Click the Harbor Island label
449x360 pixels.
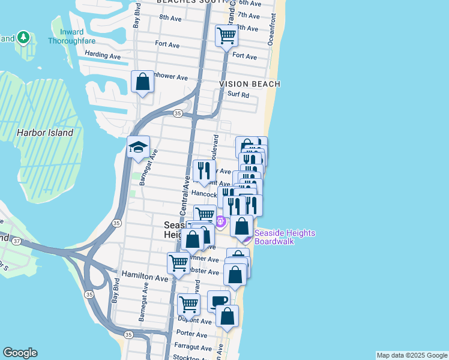pyautogui.click(x=45, y=133)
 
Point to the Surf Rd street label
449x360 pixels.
pyautogui.click(x=238, y=95)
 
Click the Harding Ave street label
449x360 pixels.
pyautogui.click(x=103, y=55)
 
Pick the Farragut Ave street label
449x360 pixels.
pyautogui.click(x=191, y=347)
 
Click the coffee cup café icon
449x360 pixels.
pyautogui.click(x=218, y=301)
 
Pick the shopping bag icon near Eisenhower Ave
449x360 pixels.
pyautogui.click(x=143, y=81)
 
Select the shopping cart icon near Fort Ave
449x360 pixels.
pyautogui.click(x=227, y=35)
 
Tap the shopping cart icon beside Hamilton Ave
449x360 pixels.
pyautogui.click(x=178, y=263)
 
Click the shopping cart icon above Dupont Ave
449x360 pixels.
pyautogui.click(x=188, y=304)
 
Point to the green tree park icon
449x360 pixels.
pyautogui.click(x=23, y=38)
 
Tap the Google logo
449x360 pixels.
pyautogui.click(x=20, y=353)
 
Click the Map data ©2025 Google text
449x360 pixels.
pyautogui.click(x=412, y=355)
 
